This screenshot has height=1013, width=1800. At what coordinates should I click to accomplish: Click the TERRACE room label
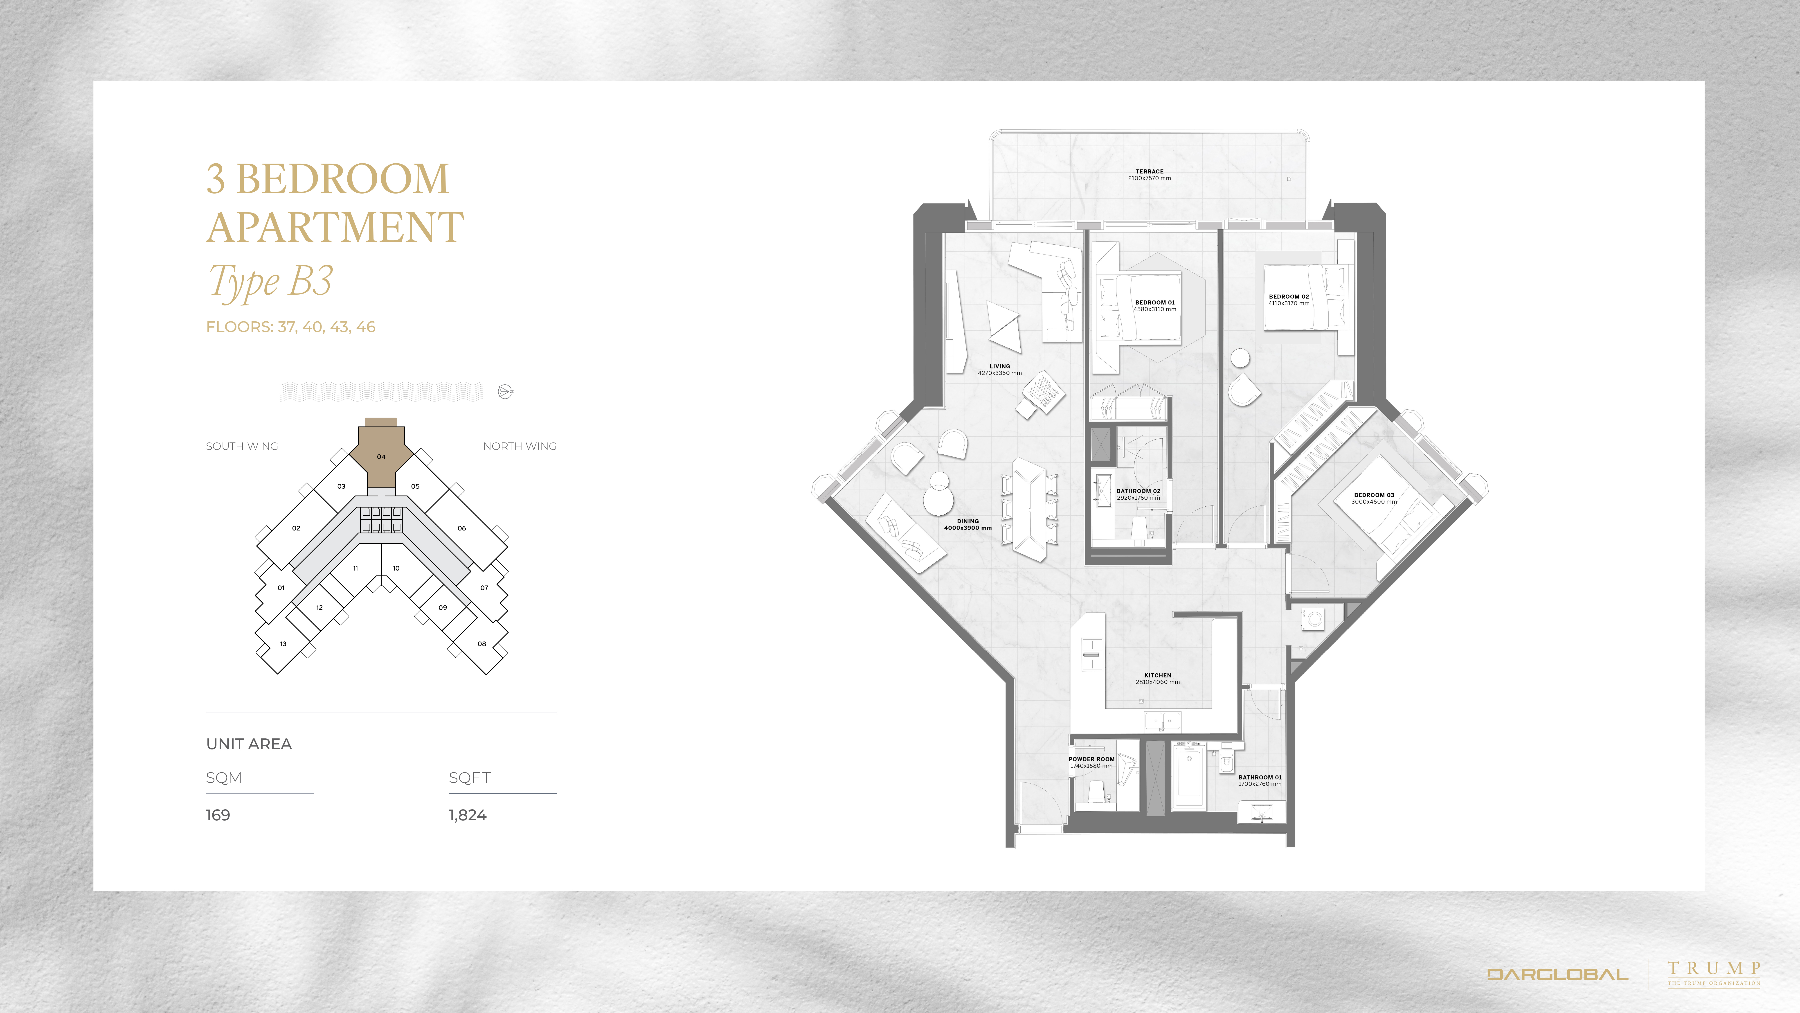tap(1150, 171)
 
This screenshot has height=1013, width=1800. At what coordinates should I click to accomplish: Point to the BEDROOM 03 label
tap(1374, 495)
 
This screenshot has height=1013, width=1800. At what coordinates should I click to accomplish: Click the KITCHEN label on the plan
tap(1158, 675)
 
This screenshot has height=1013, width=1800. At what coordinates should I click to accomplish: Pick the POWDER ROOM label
tap(1091, 759)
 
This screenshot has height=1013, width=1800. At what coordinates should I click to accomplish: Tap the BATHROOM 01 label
tap(1260, 777)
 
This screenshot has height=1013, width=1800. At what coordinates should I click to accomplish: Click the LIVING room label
tap(1000, 366)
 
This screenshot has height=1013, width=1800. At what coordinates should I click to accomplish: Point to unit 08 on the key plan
tap(481, 644)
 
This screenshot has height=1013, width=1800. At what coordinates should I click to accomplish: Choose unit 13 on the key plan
tap(283, 644)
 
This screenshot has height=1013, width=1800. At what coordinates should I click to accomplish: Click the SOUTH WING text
tap(242, 446)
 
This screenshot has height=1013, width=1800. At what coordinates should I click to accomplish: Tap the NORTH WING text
tap(520, 446)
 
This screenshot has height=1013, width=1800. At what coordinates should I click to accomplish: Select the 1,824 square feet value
tap(468, 815)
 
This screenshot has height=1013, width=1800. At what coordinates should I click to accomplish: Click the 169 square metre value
tap(218, 815)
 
